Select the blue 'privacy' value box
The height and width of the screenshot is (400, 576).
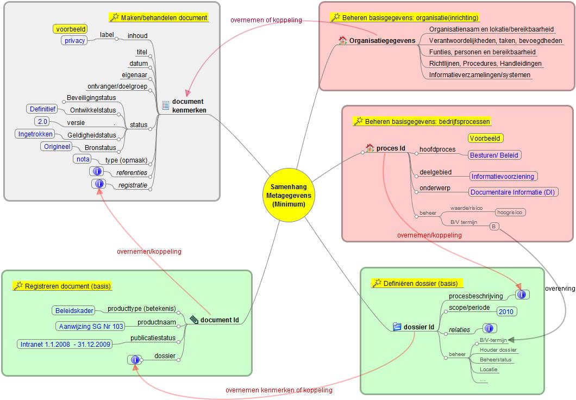tap(74, 40)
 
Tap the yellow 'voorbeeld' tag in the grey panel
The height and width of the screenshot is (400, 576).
tap(71, 29)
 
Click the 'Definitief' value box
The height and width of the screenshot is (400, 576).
tap(43, 109)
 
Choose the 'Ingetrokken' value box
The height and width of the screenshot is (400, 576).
tap(35, 134)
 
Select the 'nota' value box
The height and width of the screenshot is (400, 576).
tap(83, 159)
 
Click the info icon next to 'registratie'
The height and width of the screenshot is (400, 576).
tap(99, 184)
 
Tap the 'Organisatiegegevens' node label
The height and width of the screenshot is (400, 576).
tap(382, 40)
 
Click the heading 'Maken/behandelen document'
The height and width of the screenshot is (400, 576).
tap(162, 18)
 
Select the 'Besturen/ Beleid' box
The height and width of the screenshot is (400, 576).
tap(494, 155)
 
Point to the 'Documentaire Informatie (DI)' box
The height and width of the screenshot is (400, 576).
tap(514, 192)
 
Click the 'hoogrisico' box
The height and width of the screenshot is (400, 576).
tap(510, 212)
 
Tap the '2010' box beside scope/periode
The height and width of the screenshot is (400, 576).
tap(506, 311)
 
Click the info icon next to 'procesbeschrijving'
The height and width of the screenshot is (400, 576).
tap(522, 295)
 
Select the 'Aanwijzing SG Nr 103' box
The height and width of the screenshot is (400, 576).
tap(91, 326)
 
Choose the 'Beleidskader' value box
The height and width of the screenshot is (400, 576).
tap(74, 311)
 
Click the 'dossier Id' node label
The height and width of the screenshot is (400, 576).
tap(419, 327)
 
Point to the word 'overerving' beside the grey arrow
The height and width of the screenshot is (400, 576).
tap(560, 289)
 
